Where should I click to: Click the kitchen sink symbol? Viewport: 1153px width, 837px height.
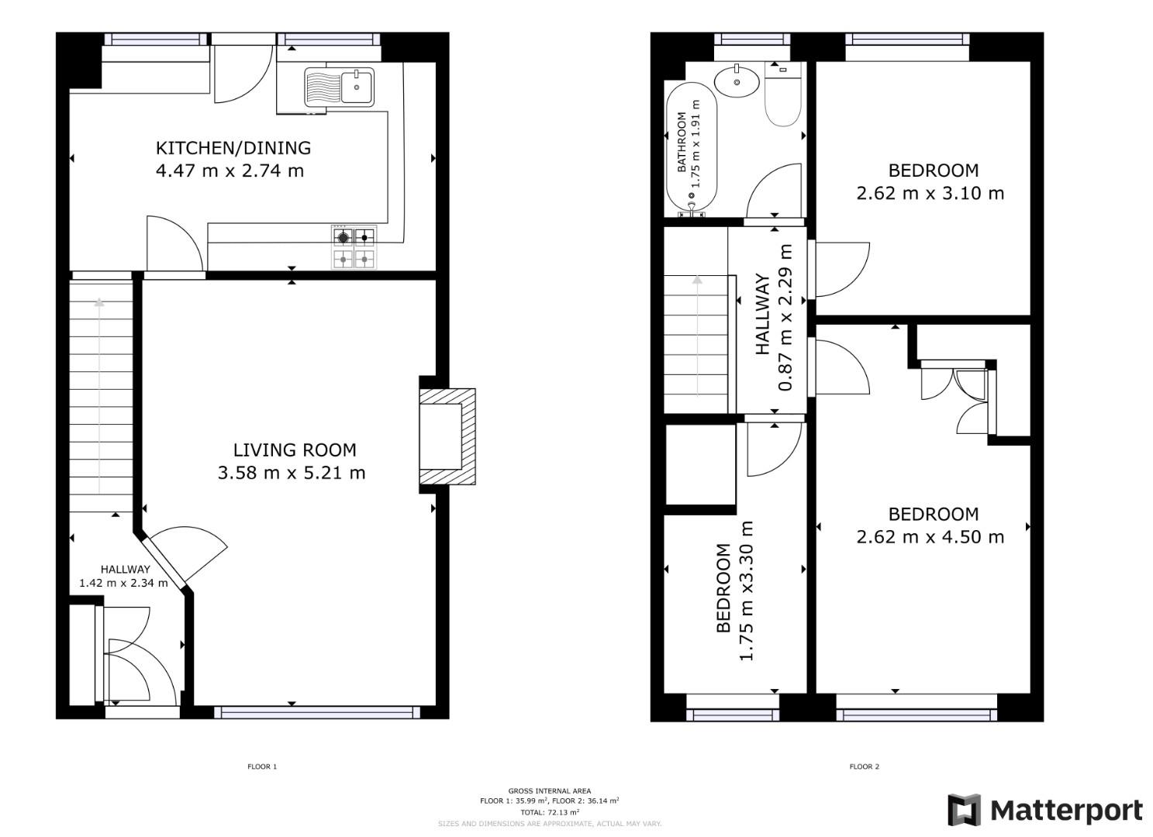tap(339, 87)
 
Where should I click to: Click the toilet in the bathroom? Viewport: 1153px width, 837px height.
tap(783, 96)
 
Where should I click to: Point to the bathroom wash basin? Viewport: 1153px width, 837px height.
tap(736, 80)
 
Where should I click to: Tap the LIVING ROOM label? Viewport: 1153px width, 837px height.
tap(295, 449)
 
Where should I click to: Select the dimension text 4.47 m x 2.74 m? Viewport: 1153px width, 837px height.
tap(230, 170)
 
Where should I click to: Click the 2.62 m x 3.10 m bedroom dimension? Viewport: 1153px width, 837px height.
tap(930, 193)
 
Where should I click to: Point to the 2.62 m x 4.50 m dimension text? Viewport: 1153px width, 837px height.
tap(930, 536)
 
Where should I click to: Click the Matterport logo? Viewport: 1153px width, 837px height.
tap(1044, 811)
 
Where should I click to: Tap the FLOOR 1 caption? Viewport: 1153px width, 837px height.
tap(262, 766)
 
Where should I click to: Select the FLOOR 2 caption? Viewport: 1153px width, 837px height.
tap(865, 766)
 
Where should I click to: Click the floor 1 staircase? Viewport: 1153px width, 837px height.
tap(100, 395)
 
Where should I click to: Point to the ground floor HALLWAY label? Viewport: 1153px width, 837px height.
tap(125, 569)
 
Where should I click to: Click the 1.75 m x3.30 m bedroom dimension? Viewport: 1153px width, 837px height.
tap(747, 591)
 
